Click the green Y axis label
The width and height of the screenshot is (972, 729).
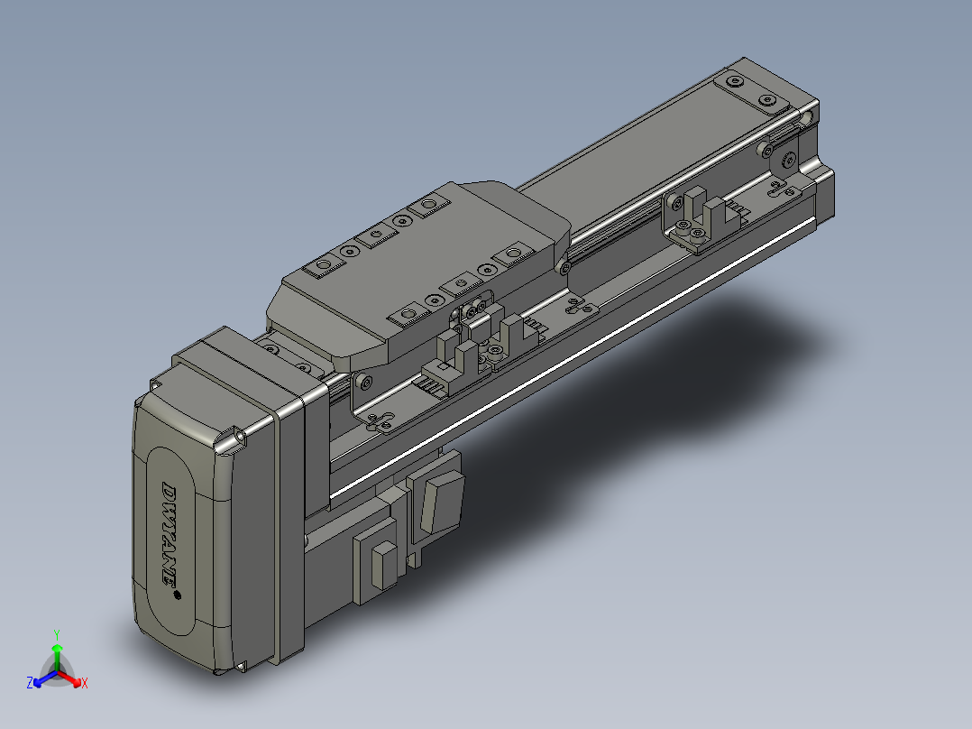[56, 633]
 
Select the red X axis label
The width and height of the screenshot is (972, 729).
[84, 684]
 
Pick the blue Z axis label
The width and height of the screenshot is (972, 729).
[30, 684]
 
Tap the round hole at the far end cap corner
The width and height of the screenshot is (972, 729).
[789, 161]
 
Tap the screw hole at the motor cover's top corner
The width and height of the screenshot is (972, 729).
[241, 436]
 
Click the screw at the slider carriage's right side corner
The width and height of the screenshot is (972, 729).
[565, 266]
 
